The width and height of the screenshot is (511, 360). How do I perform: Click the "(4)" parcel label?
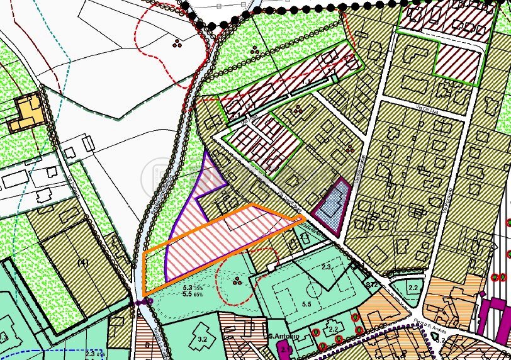[81, 261]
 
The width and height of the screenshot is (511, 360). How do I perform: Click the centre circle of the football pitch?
[313, 291]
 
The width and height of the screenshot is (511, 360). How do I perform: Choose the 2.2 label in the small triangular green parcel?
[412, 288]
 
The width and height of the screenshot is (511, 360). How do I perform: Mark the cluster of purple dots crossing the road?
[144, 302]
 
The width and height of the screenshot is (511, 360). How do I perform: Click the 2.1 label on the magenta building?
[285, 348]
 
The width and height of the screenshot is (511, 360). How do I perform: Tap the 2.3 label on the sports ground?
[327, 267]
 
